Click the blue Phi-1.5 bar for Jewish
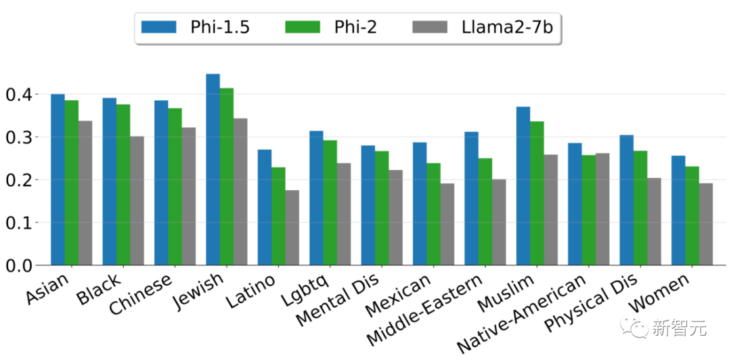click(213, 169)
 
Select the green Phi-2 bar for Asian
click(72, 183)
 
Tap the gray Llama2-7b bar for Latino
click(292, 227)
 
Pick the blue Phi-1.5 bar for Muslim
click(523, 186)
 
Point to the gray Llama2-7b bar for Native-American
click(602, 209)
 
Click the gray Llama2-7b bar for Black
click(137, 201)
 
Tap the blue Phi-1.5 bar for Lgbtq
click(316, 198)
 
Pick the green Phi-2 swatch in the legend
click(303, 27)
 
